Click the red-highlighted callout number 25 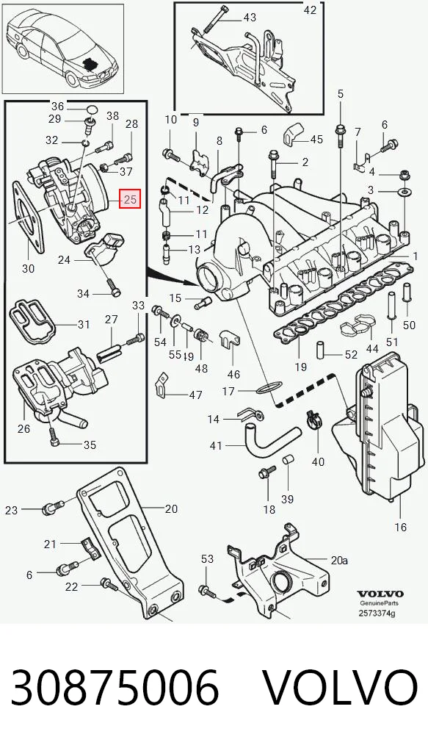point(130,199)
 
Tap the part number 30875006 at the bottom point(115,688)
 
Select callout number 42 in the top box point(310,10)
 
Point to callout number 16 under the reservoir point(401,527)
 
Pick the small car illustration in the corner point(63,49)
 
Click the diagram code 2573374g point(377,614)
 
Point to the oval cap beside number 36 point(93,110)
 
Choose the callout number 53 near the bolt point(207,558)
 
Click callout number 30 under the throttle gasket point(29,269)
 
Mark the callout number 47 point(196,395)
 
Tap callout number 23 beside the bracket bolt point(12,511)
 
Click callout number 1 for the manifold point(415,256)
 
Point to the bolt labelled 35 point(55,439)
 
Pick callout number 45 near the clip point(316,140)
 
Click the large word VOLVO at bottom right point(341,688)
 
